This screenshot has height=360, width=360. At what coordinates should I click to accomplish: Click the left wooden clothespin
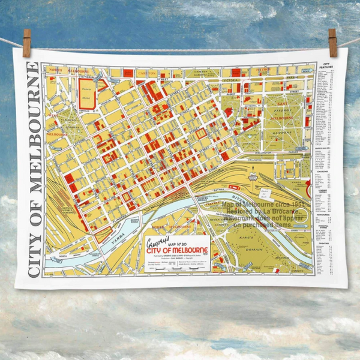click(26, 43)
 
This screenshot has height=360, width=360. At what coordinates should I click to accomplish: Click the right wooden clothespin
click(332, 43)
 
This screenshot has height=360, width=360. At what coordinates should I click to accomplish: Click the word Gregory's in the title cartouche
click(157, 242)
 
